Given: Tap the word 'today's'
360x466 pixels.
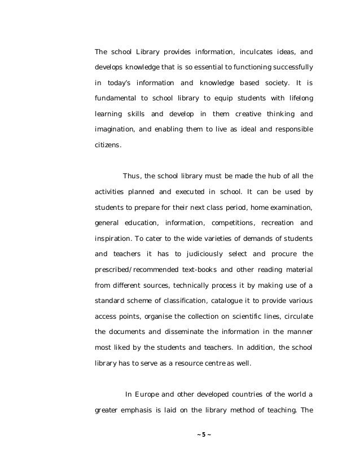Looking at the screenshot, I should pos(124,83).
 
